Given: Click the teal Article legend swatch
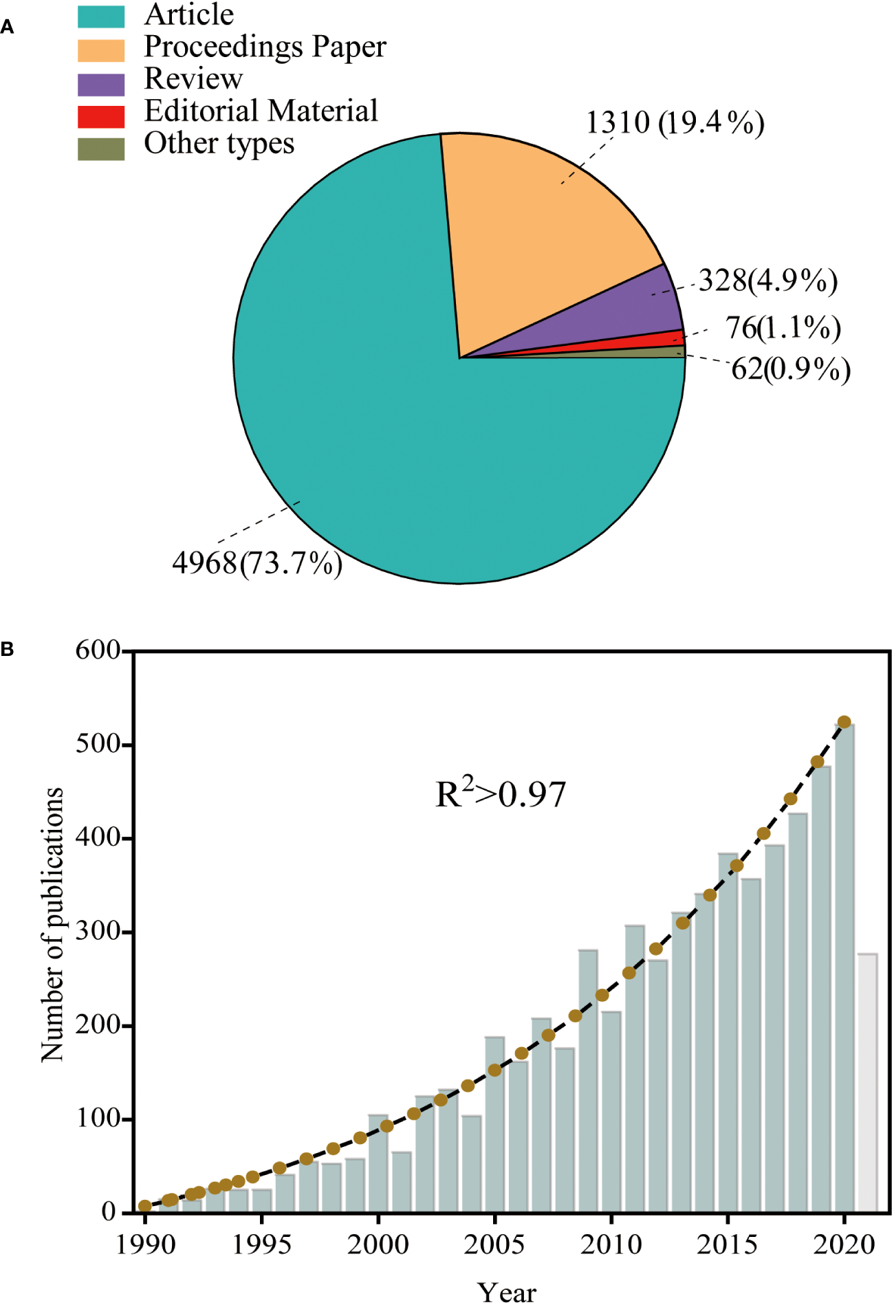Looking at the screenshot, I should [101, 17].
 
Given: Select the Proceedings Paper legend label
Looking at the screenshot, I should [265, 47].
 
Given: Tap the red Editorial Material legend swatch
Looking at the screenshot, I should [101, 117].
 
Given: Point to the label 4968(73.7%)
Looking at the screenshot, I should [257, 564].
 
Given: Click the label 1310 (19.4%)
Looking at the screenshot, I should [675, 124].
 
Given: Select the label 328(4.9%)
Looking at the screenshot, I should [768, 281].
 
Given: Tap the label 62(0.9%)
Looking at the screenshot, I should [791, 370].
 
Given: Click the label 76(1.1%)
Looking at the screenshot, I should [783, 328].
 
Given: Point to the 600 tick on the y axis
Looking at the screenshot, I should [98, 650].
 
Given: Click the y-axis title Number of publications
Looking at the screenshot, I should [52, 925].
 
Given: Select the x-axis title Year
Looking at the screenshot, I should [507, 1291].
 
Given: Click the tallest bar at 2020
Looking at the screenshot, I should [844, 963].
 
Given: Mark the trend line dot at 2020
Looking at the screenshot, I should [844, 722].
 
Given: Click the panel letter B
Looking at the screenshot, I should [8, 649].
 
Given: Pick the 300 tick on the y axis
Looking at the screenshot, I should [98, 932].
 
